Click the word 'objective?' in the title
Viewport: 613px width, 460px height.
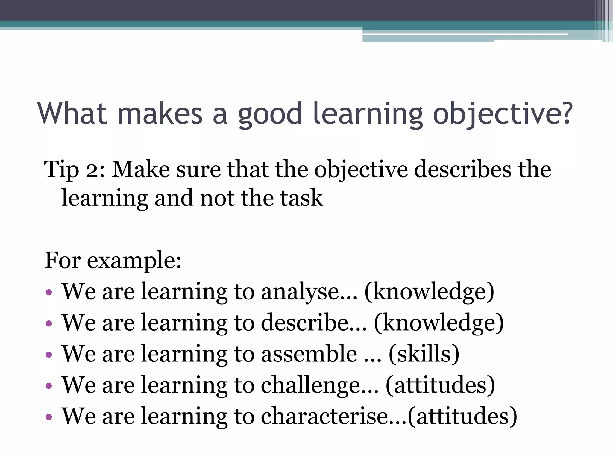(503, 115)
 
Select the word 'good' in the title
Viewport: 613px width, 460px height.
(270, 115)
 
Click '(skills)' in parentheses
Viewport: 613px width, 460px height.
(424, 354)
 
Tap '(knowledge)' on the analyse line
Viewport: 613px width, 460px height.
(429, 292)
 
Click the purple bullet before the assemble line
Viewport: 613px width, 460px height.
(49, 355)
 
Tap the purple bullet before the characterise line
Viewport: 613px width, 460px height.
(49, 417)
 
